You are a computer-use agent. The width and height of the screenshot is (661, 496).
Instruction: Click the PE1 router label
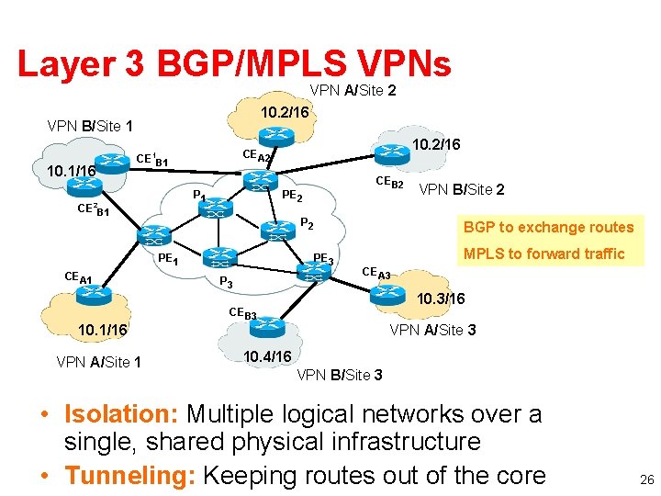(168, 260)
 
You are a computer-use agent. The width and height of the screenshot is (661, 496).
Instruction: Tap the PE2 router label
(293, 196)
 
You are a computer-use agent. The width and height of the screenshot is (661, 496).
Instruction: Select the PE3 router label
(324, 258)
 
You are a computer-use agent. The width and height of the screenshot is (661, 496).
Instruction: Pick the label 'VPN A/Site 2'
(353, 91)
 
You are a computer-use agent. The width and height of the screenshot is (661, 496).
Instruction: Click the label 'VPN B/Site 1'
(90, 126)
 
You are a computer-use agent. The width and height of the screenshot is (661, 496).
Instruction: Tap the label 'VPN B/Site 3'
(340, 375)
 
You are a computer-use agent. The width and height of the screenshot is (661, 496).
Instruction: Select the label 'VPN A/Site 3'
(432, 329)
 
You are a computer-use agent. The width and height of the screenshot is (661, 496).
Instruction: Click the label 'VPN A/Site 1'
(98, 362)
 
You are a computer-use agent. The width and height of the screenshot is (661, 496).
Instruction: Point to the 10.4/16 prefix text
(267, 356)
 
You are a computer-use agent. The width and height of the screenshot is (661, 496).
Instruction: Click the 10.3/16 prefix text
(441, 299)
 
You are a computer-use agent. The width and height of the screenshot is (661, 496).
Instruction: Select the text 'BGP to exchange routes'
(549, 227)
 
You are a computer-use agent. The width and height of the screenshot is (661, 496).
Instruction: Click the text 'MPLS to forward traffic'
(544, 254)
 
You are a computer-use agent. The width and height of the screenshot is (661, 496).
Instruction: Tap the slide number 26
(646, 479)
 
